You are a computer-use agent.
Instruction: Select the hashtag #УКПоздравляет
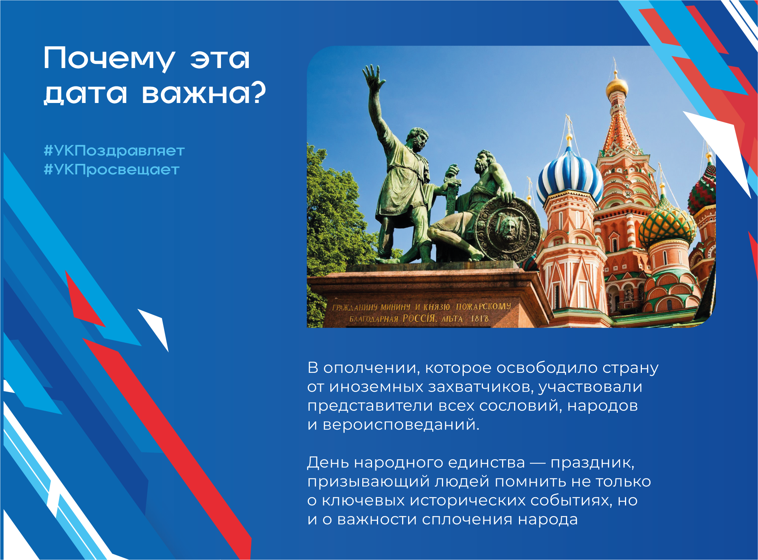114,151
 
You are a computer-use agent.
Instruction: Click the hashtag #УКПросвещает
112,170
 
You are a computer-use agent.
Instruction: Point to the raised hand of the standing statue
373,76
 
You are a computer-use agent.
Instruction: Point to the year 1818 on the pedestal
480,319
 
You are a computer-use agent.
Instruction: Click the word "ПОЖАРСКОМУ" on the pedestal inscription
483,306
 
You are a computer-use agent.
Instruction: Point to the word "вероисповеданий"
401,425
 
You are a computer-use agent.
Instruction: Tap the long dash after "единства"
537,463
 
